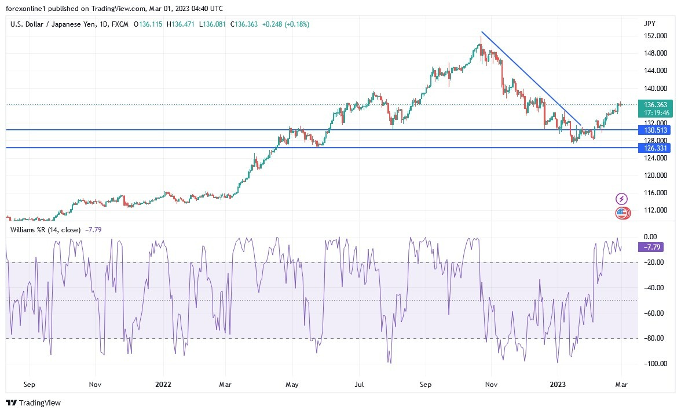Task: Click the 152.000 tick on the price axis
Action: tap(653, 36)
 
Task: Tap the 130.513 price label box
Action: tap(653, 130)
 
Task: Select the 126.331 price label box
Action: tap(653, 148)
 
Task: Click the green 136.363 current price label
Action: tap(653, 104)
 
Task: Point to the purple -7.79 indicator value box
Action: tap(650, 247)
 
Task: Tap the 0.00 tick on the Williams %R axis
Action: tap(650, 237)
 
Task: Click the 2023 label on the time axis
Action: tap(557, 384)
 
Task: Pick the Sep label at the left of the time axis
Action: tap(30, 384)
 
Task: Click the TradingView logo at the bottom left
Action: tap(33, 403)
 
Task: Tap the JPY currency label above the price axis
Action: tap(649, 24)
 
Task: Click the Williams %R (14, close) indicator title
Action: tap(46, 230)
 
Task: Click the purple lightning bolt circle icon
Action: tap(621, 199)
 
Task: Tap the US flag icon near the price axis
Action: tap(621, 213)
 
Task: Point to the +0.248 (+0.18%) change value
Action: tap(285, 24)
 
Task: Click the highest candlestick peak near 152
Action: tap(481, 38)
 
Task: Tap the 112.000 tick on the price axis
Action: tap(653, 210)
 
